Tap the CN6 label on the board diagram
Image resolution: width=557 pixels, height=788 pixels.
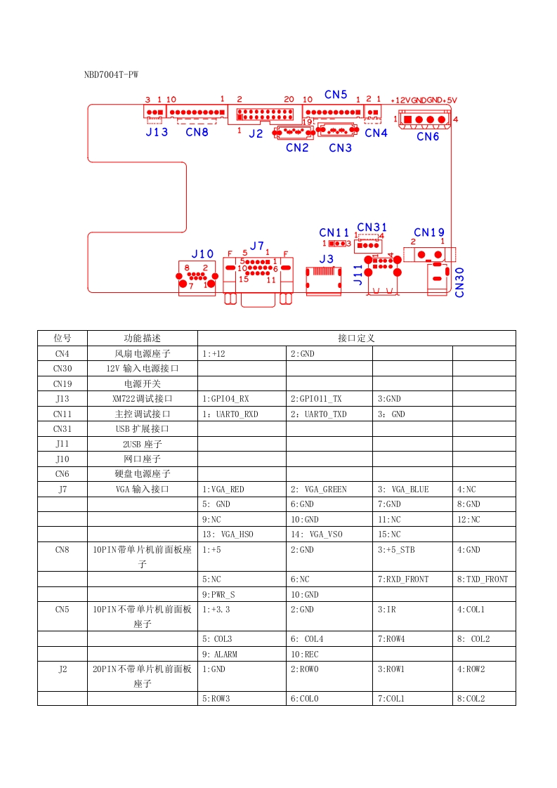tap(428, 136)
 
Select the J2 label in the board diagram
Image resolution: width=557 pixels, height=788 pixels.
tap(256, 133)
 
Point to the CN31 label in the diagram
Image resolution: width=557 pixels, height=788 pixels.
tap(372, 227)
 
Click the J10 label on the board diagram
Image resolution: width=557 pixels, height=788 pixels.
tap(202, 254)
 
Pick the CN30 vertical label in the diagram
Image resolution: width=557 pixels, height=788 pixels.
tap(460, 282)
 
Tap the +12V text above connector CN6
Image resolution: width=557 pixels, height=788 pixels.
tap(400, 100)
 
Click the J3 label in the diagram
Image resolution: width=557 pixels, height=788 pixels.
tap(327, 258)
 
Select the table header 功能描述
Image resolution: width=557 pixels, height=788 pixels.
tap(142, 338)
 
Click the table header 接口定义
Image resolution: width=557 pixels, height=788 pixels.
tap(356, 338)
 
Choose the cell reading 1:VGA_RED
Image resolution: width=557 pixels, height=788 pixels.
tap(223, 489)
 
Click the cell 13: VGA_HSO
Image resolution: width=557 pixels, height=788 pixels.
tap(228, 534)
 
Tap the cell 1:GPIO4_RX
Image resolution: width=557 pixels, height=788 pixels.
tap(225, 398)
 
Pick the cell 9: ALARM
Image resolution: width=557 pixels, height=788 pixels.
tap(219, 654)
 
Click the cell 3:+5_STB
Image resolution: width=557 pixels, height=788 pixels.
tap(396, 550)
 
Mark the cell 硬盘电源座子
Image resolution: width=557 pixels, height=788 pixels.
tap(142, 473)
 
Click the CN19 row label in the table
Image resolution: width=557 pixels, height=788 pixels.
tap(62, 383)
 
